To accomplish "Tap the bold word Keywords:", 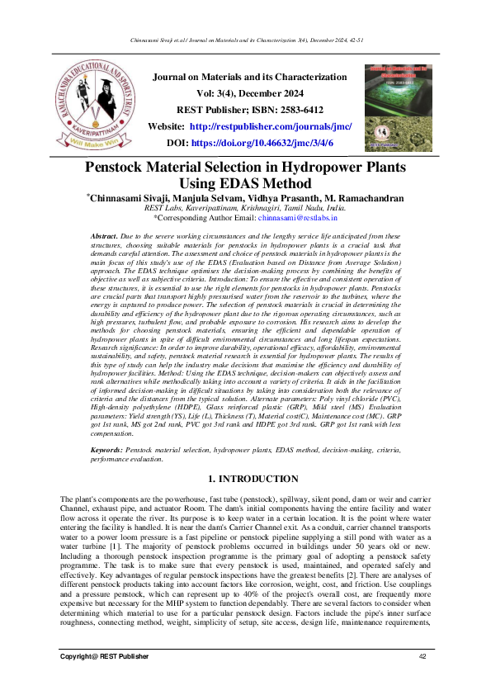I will (x=107, y=451).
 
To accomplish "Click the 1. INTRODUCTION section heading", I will (x=245, y=479).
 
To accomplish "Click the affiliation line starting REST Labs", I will (x=245, y=210).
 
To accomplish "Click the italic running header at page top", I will (x=245, y=38).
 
